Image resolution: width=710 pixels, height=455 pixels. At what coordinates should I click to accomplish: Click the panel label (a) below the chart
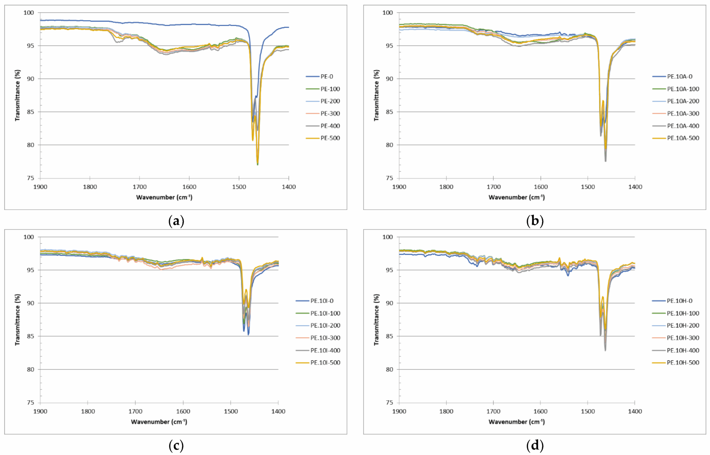click(176, 221)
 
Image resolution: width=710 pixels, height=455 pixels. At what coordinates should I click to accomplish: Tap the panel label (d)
click(535, 445)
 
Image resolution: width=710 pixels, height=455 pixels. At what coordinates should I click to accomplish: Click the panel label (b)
click(535, 221)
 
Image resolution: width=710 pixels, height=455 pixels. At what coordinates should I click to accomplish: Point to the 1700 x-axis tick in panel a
click(139, 187)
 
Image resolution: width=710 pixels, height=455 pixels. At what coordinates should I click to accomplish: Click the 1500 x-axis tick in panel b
click(588, 187)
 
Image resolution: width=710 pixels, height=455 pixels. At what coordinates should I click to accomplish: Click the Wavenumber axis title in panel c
click(159, 422)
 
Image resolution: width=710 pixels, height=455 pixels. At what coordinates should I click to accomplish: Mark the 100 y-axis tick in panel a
click(29, 12)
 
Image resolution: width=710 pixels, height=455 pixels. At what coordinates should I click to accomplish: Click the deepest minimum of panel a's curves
click(258, 164)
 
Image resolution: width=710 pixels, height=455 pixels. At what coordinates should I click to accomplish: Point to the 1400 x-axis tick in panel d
click(635, 411)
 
